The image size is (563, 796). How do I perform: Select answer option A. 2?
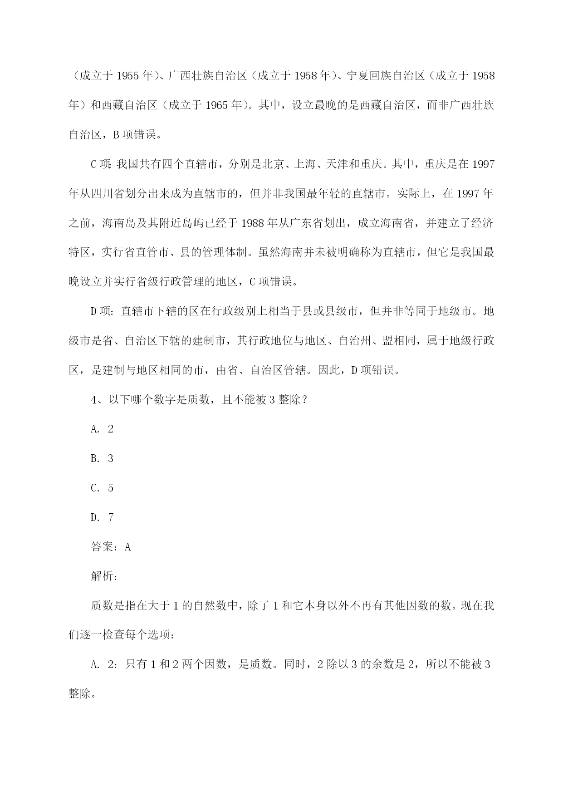[x=102, y=429]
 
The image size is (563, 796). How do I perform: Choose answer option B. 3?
[x=102, y=459]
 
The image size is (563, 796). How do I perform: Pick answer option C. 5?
[x=102, y=488]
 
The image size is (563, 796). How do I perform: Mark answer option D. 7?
[x=102, y=518]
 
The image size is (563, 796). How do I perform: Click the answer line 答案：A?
[x=111, y=547]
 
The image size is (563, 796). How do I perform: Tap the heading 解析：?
[x=105, y=577]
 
